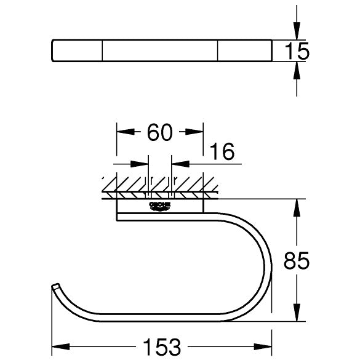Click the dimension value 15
click(x=297, y=51)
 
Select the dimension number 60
click(x=159, y=132)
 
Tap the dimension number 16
click(x=222, y=151)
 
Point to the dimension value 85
click(x=297, y=260)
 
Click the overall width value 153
click(x=162, y=347)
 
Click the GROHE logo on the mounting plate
click(x=160, y=206)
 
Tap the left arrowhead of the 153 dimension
click(x=61, y=346)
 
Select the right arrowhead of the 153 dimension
click(x=263, y=346)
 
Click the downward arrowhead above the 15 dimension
click(x=297, y=31)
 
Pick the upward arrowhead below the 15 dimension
click(x=297, y=71)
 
